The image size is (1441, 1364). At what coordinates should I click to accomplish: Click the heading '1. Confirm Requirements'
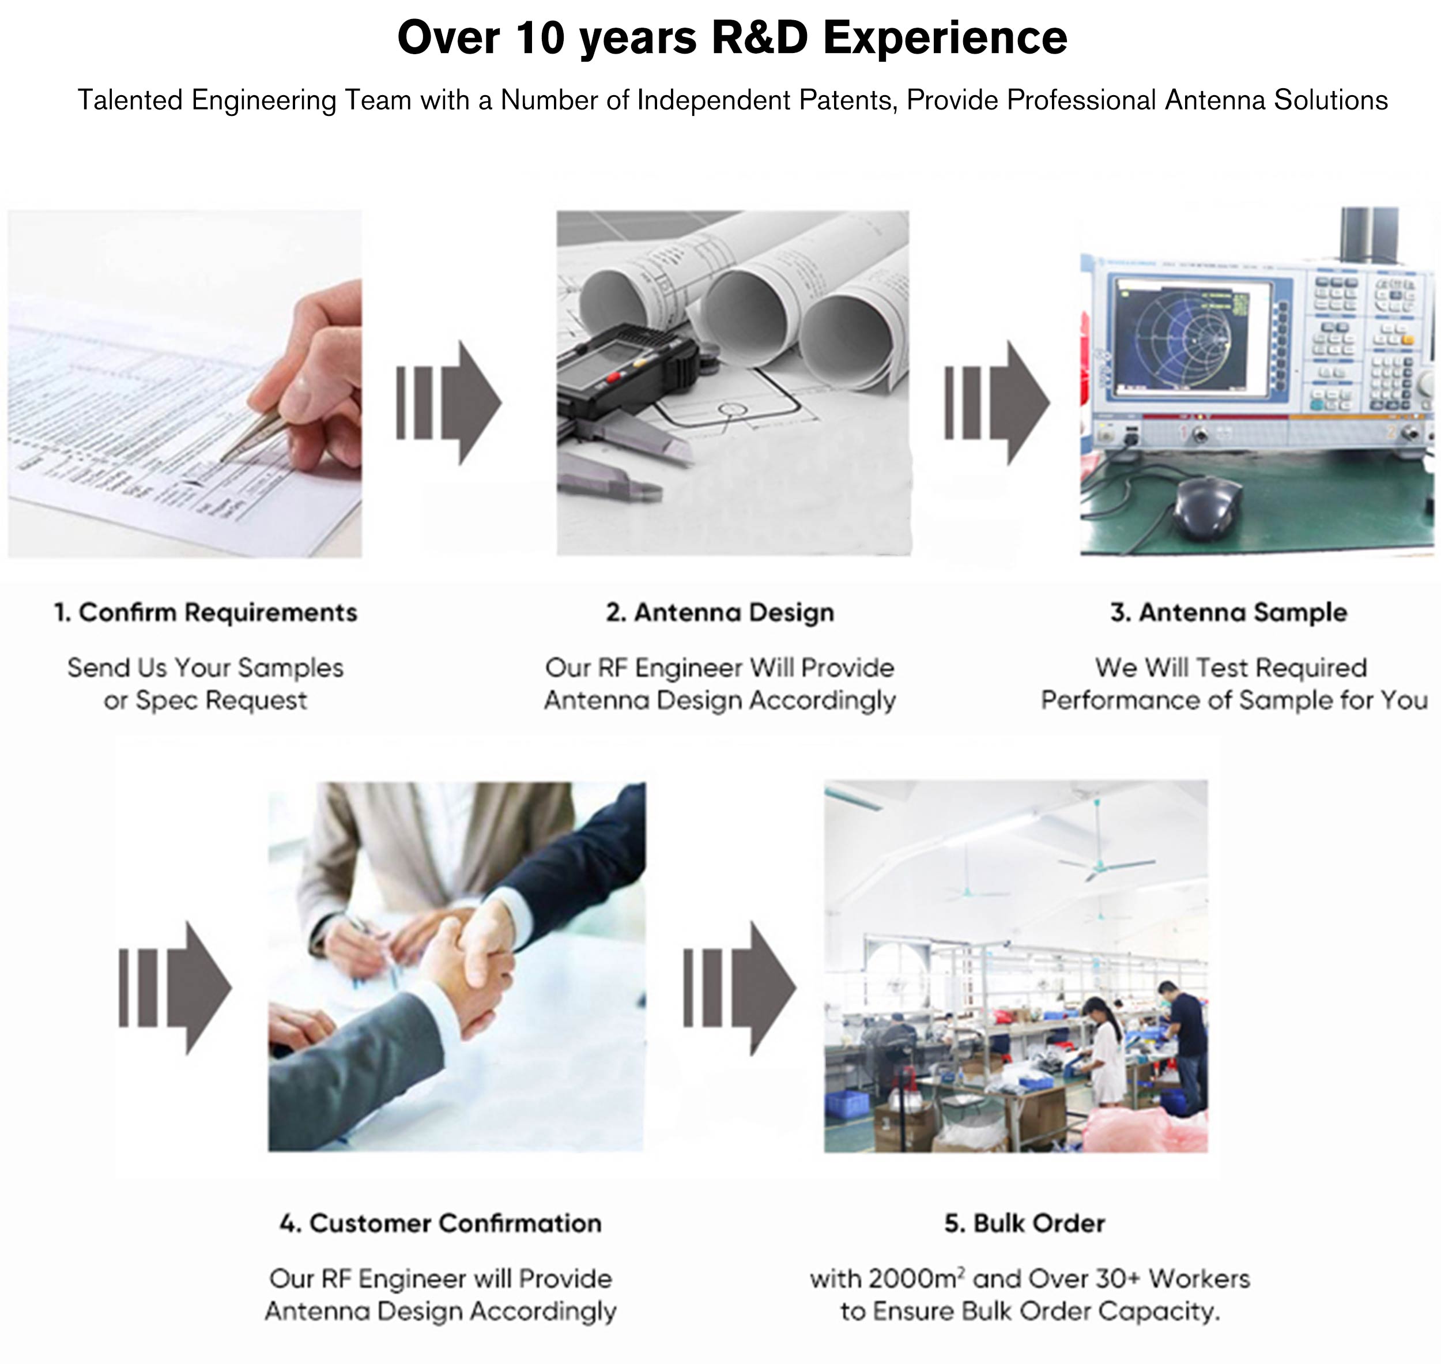(206, 612)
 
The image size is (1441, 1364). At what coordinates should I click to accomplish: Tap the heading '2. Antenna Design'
(720, 612)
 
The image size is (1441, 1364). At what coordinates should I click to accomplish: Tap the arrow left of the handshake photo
(175, 988)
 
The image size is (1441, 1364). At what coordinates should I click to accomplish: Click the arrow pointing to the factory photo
(740, 988)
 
